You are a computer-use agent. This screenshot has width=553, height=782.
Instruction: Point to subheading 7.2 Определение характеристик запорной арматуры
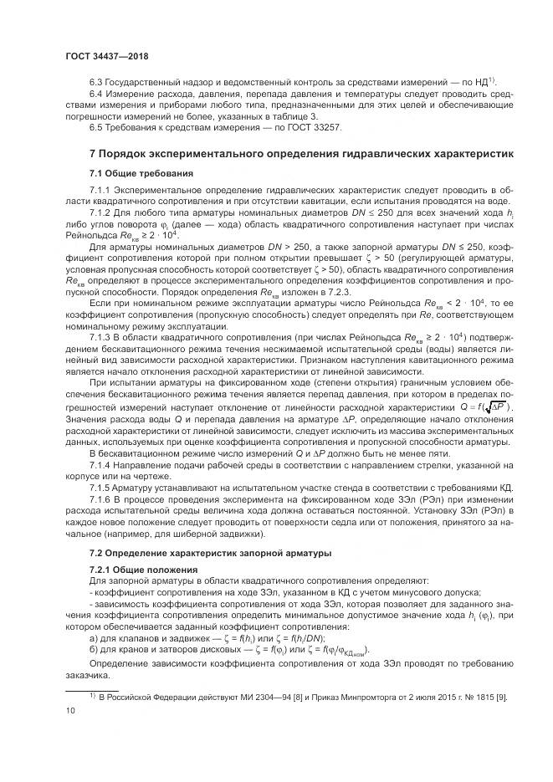coord(199,555)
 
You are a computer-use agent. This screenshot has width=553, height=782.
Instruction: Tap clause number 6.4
coord(96,95)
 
